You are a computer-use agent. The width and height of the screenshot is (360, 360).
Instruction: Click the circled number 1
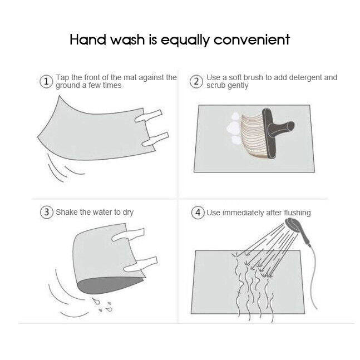(x=46, y=81)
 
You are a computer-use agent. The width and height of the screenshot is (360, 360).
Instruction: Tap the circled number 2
(x=196, y=81)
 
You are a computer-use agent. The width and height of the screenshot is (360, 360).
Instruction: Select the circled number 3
(x=47, y=212)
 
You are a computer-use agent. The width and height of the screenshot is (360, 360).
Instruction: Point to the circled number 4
(x=198, y=213)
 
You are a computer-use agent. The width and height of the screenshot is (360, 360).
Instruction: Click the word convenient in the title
(x=252, y=40)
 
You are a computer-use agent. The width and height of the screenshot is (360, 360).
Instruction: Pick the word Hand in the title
(x=88, y=40)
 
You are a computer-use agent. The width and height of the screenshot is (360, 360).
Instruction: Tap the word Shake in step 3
(x=67, y=212)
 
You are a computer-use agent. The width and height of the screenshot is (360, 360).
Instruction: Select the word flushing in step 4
(x=297, y=213)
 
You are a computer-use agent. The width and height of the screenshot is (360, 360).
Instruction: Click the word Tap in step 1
(x=62, y=78)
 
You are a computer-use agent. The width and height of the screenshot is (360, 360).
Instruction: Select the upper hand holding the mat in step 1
(x=149, y=116)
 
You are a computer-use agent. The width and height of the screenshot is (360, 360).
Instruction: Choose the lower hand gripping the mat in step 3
(x=140, y=264)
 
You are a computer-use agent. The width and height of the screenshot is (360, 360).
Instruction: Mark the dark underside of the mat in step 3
(x=110, y=285)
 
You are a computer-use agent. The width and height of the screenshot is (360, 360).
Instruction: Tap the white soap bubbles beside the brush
(x=234, y=129)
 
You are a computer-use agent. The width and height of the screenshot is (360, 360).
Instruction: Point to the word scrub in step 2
(x=215, y=86)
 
